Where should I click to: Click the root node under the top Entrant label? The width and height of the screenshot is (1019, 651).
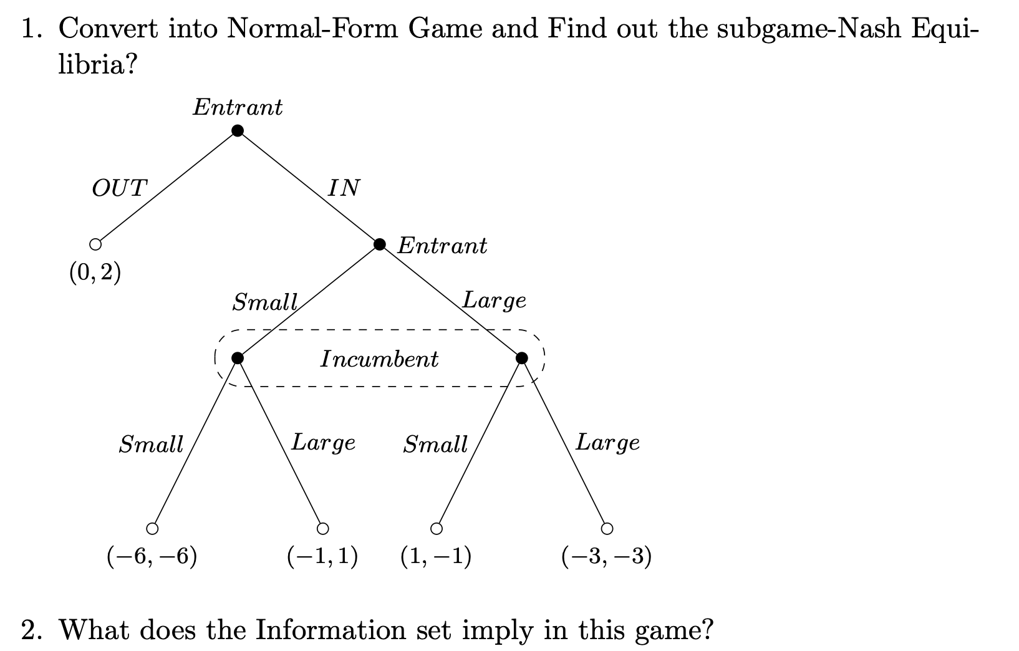[x=237, y=130]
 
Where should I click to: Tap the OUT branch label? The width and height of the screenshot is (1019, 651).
[x=119, y=188]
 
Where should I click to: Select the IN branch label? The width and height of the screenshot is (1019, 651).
[x=344, y=187]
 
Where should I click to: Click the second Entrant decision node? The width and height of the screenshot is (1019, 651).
[x=379, y=244]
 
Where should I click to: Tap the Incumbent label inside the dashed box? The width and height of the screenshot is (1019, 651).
[x=379, y=359]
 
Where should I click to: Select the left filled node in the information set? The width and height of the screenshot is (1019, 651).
[x=237, y=358]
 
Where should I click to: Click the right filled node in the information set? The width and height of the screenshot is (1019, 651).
[x=522, y=358]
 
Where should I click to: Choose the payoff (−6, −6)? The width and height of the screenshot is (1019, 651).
[x=152, y=556]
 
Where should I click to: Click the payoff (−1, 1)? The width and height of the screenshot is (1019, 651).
[x=322, y=556]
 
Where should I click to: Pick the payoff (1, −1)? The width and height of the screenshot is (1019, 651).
[x=436, y=556]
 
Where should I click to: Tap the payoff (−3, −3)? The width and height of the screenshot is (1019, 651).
[x=606, y=556]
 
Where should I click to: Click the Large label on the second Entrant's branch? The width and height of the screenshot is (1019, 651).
[x=494, y=301]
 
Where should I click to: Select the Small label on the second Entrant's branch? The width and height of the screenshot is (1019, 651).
[x=264, y=303]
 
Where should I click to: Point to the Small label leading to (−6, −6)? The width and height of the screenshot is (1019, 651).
[x=151, y=445]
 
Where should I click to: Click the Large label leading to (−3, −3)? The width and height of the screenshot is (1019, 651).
[x=607, y=443]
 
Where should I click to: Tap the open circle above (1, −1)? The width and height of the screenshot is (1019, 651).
[x=437, y=529]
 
